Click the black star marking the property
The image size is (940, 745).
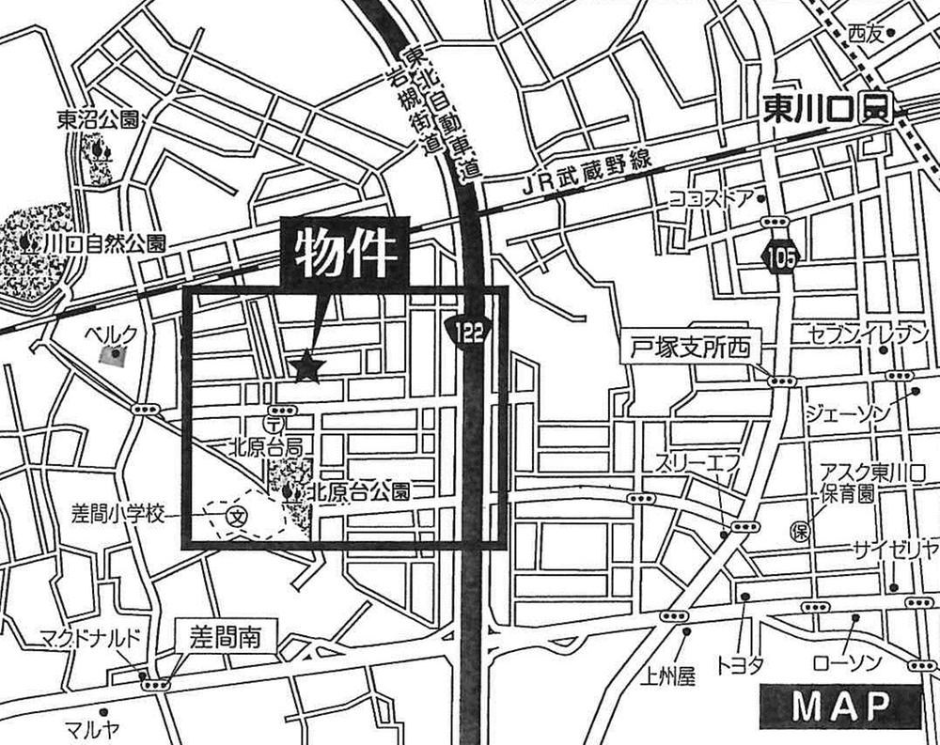(x=307, y=366)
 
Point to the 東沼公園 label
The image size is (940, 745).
(x=98, y=119)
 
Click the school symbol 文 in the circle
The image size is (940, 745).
(x=238, y=515)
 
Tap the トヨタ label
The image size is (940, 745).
(x=741, y=664)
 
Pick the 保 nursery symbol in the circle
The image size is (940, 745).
(x=800, y=532)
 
